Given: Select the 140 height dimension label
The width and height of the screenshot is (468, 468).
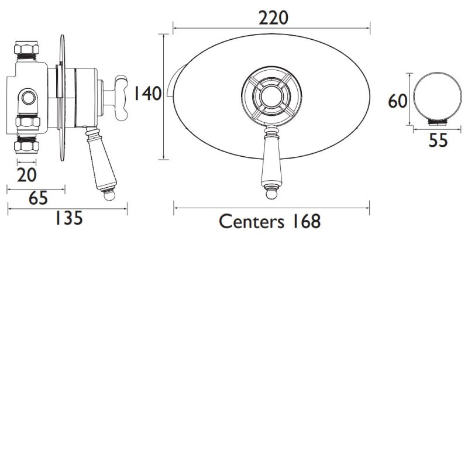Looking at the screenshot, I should tap(147, 94).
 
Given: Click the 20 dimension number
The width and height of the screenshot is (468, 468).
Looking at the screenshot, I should tap(27, 174).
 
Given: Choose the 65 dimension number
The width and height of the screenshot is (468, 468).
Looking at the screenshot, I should tap(37, 199).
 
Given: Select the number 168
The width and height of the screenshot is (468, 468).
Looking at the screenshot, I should tap(303, 221).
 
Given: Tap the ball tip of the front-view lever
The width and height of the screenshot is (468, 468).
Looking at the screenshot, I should tap(271, 192).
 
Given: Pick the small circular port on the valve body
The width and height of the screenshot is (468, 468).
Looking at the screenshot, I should tap(28, 97).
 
